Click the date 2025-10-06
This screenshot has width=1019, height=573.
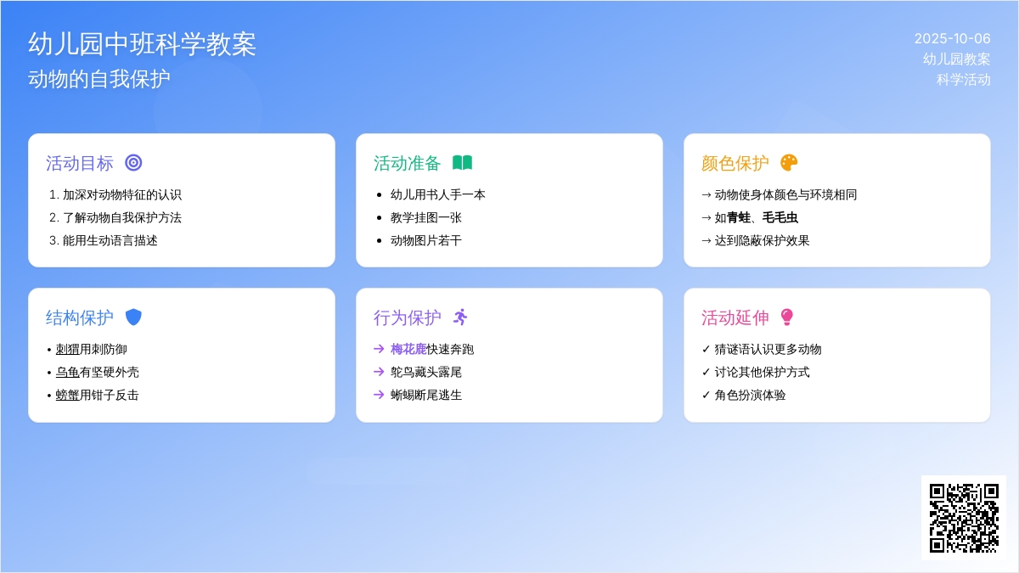click(952, 39)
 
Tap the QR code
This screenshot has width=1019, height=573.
click(964, 518)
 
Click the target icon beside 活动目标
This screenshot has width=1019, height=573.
click(133, 163)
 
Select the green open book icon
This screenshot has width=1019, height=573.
click(462, 163)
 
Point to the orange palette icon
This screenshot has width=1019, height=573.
click(789, 163)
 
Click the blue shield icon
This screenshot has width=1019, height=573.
click(133, 317)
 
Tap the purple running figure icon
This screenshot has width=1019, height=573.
click(460, 317)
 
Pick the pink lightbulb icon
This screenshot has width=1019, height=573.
click(786, 317)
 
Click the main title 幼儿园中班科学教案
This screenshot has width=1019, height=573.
click(142, 44)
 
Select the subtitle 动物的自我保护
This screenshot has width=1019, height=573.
click(99, 79)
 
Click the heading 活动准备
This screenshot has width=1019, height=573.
click(407, 163)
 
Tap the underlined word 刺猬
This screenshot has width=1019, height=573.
click(67, 349)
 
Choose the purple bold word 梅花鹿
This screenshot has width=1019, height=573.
click(408, 349)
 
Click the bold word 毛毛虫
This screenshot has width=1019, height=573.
click(780, 218)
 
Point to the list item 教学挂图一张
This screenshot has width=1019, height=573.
click(425, 218)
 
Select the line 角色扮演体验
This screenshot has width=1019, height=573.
click(750, 396)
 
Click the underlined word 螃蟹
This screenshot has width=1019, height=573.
click(67, 396)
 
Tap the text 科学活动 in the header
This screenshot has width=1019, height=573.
click(963, 80)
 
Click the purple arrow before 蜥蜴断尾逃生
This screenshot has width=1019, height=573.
click(379, 395)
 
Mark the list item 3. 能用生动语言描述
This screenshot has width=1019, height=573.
click(104, 240)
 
